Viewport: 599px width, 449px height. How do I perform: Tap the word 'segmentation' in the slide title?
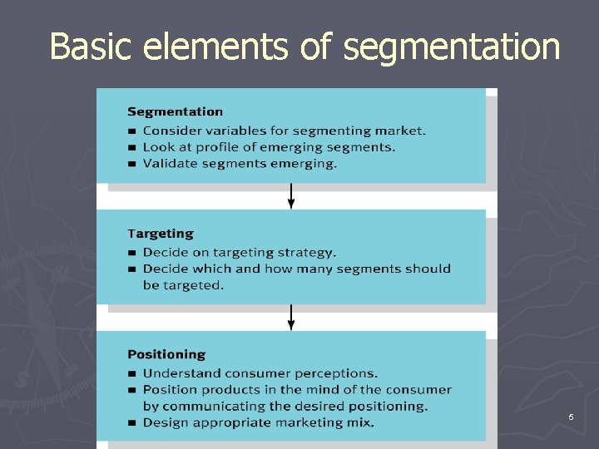452,48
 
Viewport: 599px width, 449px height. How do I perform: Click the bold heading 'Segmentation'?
175,111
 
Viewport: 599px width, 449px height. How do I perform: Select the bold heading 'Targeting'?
160,234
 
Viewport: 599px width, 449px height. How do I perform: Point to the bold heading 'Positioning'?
166,355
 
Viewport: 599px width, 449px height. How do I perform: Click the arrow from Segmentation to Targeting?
291,196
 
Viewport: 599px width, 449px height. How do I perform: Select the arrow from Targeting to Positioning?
291,318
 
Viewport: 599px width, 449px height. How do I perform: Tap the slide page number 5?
571,417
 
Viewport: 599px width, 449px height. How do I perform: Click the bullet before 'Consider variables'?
131,131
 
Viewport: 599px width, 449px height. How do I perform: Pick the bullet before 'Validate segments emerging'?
131,164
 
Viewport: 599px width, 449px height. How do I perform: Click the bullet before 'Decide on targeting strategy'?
131,253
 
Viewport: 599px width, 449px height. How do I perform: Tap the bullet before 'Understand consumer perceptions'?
131,374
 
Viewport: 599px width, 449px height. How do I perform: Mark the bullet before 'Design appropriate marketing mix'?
131,423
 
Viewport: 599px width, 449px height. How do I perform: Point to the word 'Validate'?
167,163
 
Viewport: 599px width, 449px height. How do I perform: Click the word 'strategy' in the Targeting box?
307,253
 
